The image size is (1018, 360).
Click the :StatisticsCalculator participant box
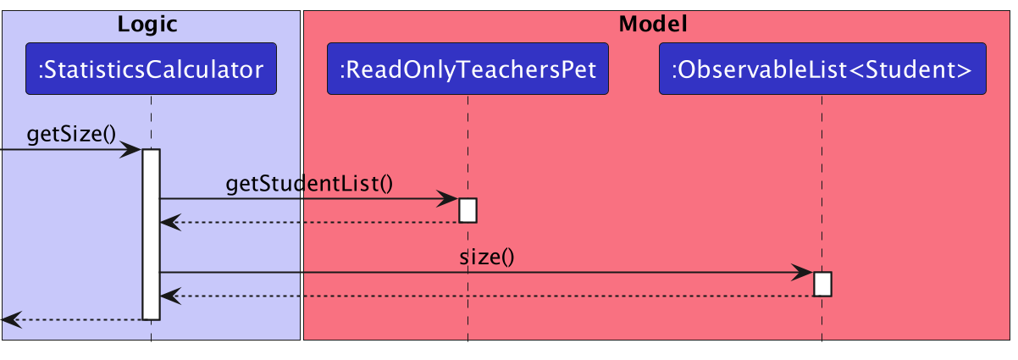pyautogui.click(x=151, y=69)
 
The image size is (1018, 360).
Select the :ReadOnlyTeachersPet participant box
pyautogui.click(x=468, y=69)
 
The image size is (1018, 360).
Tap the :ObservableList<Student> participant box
pyautogui.click(x=822, y=69)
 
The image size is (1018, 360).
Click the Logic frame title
pyautogui.click(x=147, y=25)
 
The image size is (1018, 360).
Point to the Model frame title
pyautogui.click(x=652, y=25)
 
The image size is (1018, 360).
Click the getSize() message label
pyautogui.click(x=71, y=134)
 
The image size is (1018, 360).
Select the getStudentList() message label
pyautogui.click(x=309, y=184)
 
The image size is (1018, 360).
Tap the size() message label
pyautogui.click(x=487, y=258)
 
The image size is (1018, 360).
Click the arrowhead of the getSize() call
pyautogui.click(x=132, y=150)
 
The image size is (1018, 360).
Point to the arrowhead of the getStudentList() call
pyautogui.click(x=449, y=199)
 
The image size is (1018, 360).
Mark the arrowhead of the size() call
pyautogui.click(x=804, y=273)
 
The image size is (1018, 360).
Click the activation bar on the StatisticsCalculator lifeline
pyautogui.click(x=151, y=237)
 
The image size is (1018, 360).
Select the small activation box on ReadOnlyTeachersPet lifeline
pyautogui.click(x=468, y=210)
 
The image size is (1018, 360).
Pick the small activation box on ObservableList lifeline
pyautogui.click(x=822, y=284)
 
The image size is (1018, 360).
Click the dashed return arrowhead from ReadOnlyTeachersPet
pyautogui.click(x=169, y=223)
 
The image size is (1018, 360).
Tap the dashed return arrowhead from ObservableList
pyautogui.click(x=169, y=296)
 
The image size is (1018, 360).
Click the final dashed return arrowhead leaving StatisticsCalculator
pyautogui.click(x=10, y=319)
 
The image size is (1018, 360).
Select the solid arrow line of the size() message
pyautogui.click(x=508, y=273)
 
